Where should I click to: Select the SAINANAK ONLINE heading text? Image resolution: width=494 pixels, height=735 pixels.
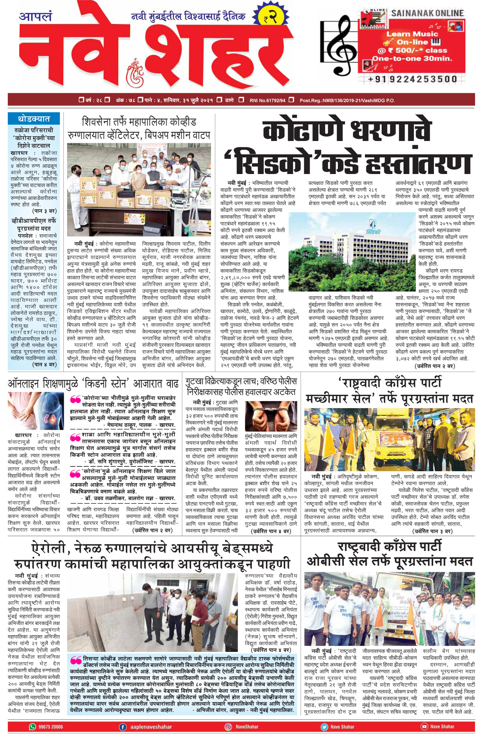(427, 13)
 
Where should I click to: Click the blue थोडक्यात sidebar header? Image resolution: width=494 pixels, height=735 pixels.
(34, 119)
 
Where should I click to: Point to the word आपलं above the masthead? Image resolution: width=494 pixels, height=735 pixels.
(36, 17)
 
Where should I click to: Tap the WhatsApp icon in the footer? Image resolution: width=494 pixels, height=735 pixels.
(33, 726)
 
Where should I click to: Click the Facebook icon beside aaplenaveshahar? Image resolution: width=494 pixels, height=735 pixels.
(123, 726)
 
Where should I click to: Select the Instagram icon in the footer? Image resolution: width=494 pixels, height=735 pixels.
(228, 726)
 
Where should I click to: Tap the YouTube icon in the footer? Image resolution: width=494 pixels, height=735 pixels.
(424, 726)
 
